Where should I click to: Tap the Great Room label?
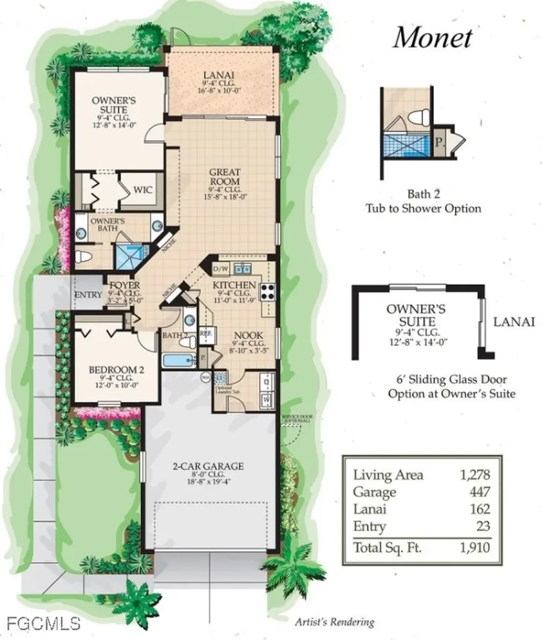pyautogui.click(x=225, y=172)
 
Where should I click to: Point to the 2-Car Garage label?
pyautogui.click(x=208, y=466)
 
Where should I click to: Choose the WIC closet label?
pyautogui.click(x=140, y=188)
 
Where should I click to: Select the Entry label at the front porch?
pyautogui.click(x=88, y=295)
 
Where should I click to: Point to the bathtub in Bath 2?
pyautogui.click(x=178, y=361)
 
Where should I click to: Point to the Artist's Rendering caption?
pyautogui.click(x=334, y=622)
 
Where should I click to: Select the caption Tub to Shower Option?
pyautogui.click(x=424, y=208)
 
